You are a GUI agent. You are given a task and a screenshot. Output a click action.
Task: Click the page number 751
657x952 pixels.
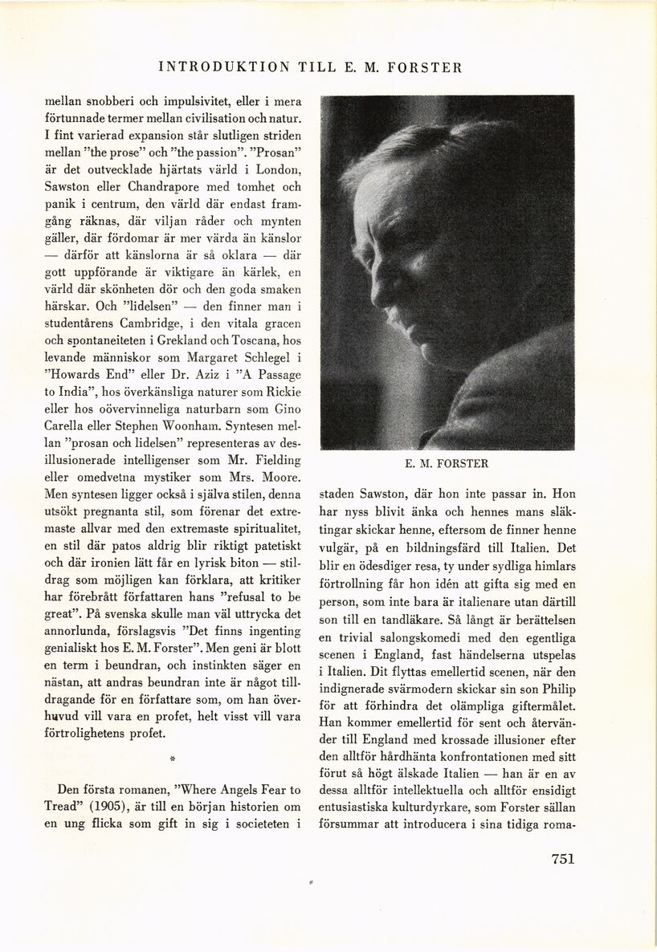(x=563, y=858)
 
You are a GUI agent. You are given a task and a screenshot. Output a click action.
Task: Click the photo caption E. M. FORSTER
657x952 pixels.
(x=447, y=463)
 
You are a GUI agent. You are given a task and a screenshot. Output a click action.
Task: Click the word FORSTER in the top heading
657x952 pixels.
(x=425, y=67)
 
